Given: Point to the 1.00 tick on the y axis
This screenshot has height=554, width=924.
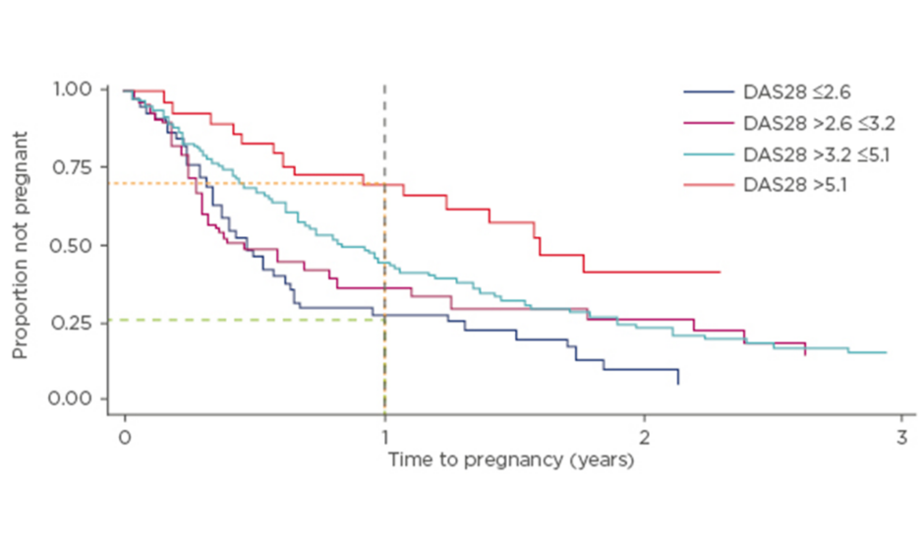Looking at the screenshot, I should point(73,90).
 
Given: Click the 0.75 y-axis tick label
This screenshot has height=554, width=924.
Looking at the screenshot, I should point(73,167).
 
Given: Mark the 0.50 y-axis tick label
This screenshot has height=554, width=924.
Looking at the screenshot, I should point(73,245).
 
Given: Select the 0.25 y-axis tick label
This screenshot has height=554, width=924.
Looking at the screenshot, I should point(73,323).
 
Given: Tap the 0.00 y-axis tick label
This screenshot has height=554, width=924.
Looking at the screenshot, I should point(73,400).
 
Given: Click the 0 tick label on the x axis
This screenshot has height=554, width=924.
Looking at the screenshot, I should point(125,437).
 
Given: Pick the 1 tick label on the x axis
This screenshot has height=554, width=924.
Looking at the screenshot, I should point(384,437).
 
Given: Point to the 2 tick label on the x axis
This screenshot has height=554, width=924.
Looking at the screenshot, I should point(644,437).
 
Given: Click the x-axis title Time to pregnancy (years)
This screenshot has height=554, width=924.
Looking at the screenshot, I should point(510,460).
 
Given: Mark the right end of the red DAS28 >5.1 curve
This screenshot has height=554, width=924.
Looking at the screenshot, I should point(720,272).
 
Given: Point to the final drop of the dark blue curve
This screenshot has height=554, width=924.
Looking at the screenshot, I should point(677,376).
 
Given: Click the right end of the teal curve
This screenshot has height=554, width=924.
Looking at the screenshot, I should point(886,352).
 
